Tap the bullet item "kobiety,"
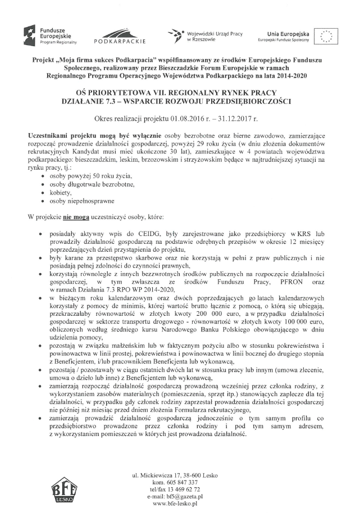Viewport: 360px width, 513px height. [x=61, y=190]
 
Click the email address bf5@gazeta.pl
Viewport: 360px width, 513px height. [x=187, y=497]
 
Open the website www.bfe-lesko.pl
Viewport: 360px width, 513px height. [x=180, y=505]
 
